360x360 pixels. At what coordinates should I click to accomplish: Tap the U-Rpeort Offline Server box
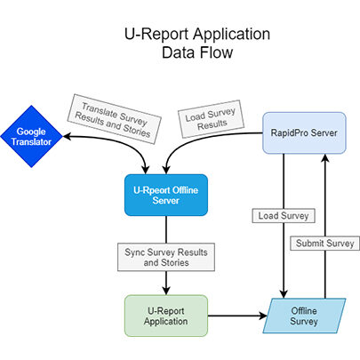click(166, 194)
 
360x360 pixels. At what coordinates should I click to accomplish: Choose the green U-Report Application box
click(166, 314)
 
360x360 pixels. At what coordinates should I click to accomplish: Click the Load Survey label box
click(274, 214)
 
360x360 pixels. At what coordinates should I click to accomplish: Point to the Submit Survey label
click(324, 243)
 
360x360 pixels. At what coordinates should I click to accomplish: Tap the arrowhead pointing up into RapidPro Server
click(324, 158)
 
